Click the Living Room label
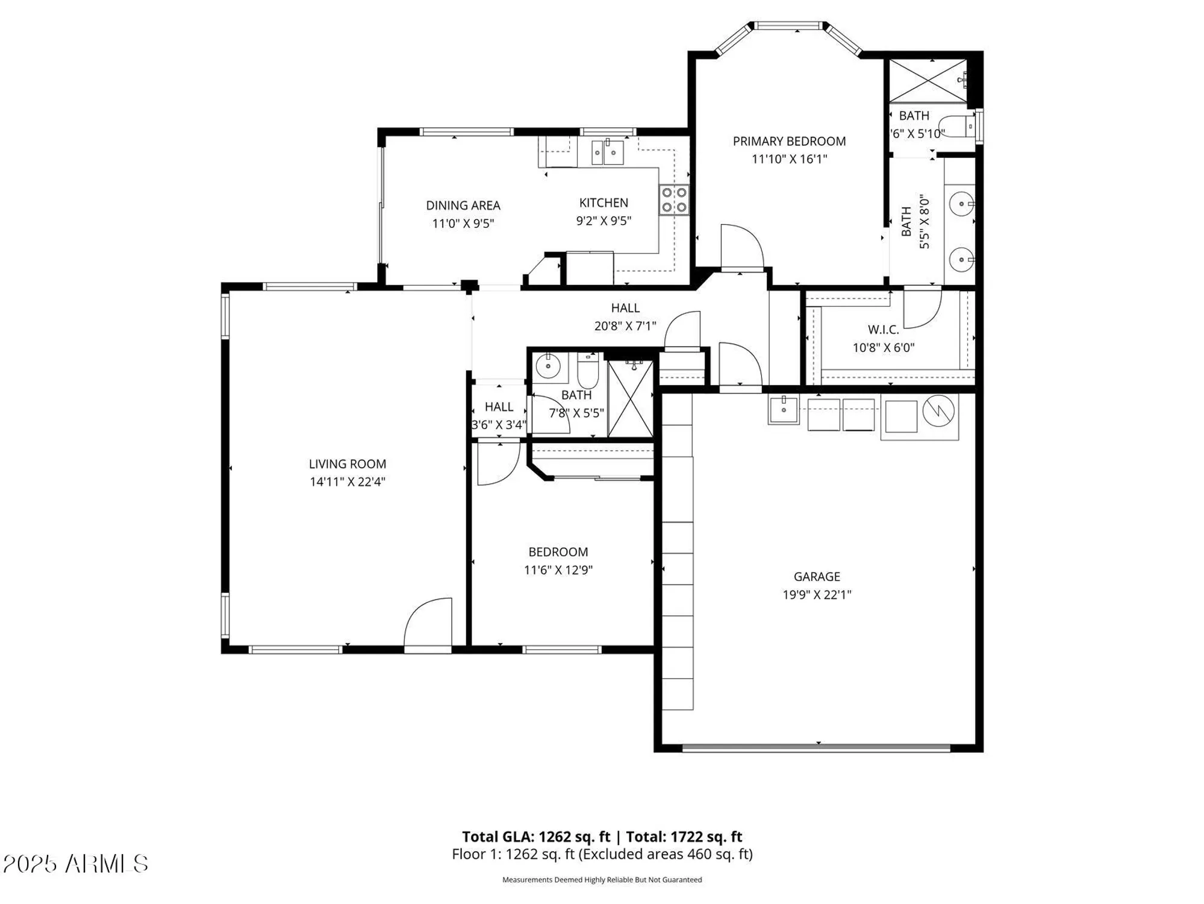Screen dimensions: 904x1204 [x=347, y=464]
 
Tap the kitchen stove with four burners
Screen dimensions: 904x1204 [x=673, y=200]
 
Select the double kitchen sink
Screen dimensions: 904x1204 [x=607, y=152]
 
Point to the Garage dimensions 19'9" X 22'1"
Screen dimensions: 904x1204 [x=816, y=595]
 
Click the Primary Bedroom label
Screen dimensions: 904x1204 [x=789, y=141]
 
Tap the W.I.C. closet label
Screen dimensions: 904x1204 [x=883, y=330]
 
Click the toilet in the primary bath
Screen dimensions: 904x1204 [x=958, y=127]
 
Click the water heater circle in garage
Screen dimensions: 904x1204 [x=938, y=412]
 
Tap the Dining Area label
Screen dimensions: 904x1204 [x=463, y=206]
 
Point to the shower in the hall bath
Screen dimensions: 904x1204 [x=630, y=398]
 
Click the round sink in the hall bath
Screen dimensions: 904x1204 [x=547, y=366]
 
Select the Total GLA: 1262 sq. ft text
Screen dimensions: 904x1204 [x=536, y=837]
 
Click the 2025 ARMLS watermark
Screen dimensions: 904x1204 [x=75, y=864]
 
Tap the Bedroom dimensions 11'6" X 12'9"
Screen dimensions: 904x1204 [x=558, y=570]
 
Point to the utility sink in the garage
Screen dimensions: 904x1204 [x=783, y=410]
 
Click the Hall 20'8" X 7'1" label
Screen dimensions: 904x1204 [x=625, y=316]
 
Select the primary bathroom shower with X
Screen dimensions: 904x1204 [x=928, y=80]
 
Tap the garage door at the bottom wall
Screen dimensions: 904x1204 [x=816, y=748]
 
